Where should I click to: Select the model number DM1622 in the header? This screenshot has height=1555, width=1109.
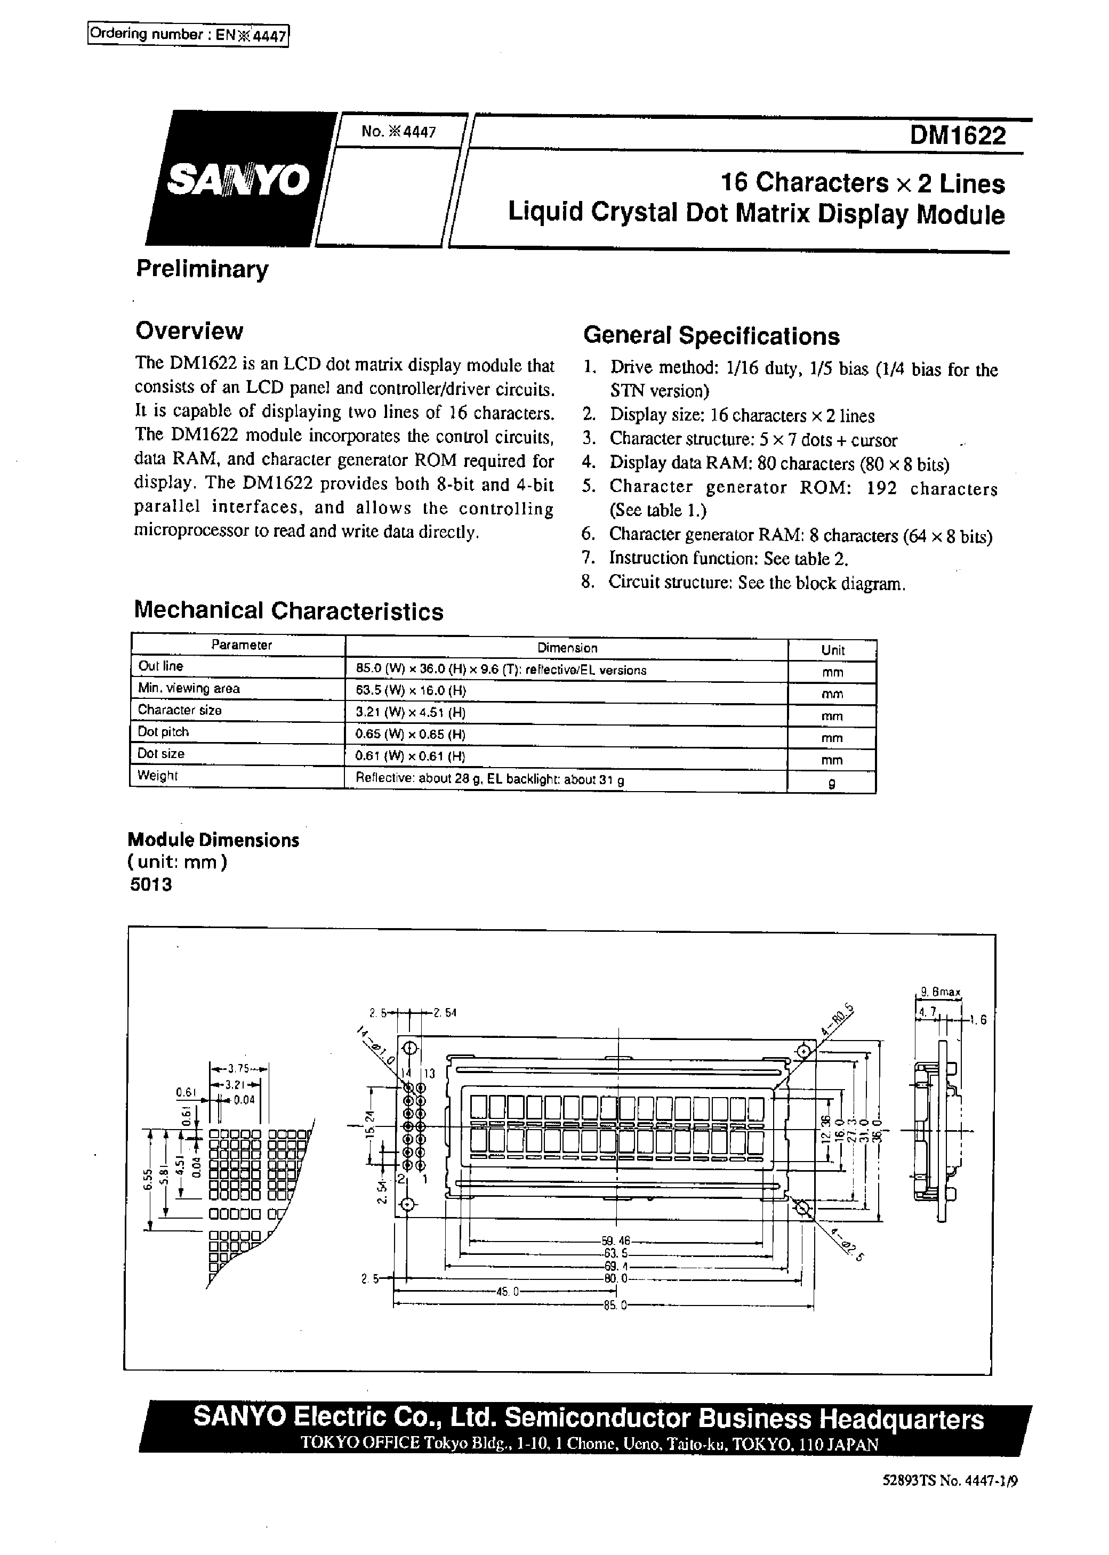click(x=958, y=136)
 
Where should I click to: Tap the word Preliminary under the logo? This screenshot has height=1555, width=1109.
click(x=202, y=269)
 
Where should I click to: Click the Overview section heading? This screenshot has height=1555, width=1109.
click(x=189, y=331)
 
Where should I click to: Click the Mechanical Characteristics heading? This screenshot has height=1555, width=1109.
click(x=288, y=611)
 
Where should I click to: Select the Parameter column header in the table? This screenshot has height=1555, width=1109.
click(x=241, y=645)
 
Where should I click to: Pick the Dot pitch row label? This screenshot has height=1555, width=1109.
click(x=163, y=732)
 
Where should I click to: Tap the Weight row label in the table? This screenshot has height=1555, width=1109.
click(x=157, y=776)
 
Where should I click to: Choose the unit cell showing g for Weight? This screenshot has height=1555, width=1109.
click(x=831, y=784)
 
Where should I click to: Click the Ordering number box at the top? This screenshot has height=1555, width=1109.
click(x=188, y=35)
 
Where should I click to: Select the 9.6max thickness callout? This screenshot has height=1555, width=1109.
click(x=941, y=993)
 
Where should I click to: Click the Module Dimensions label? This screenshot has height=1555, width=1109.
click(x=214, y=840)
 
